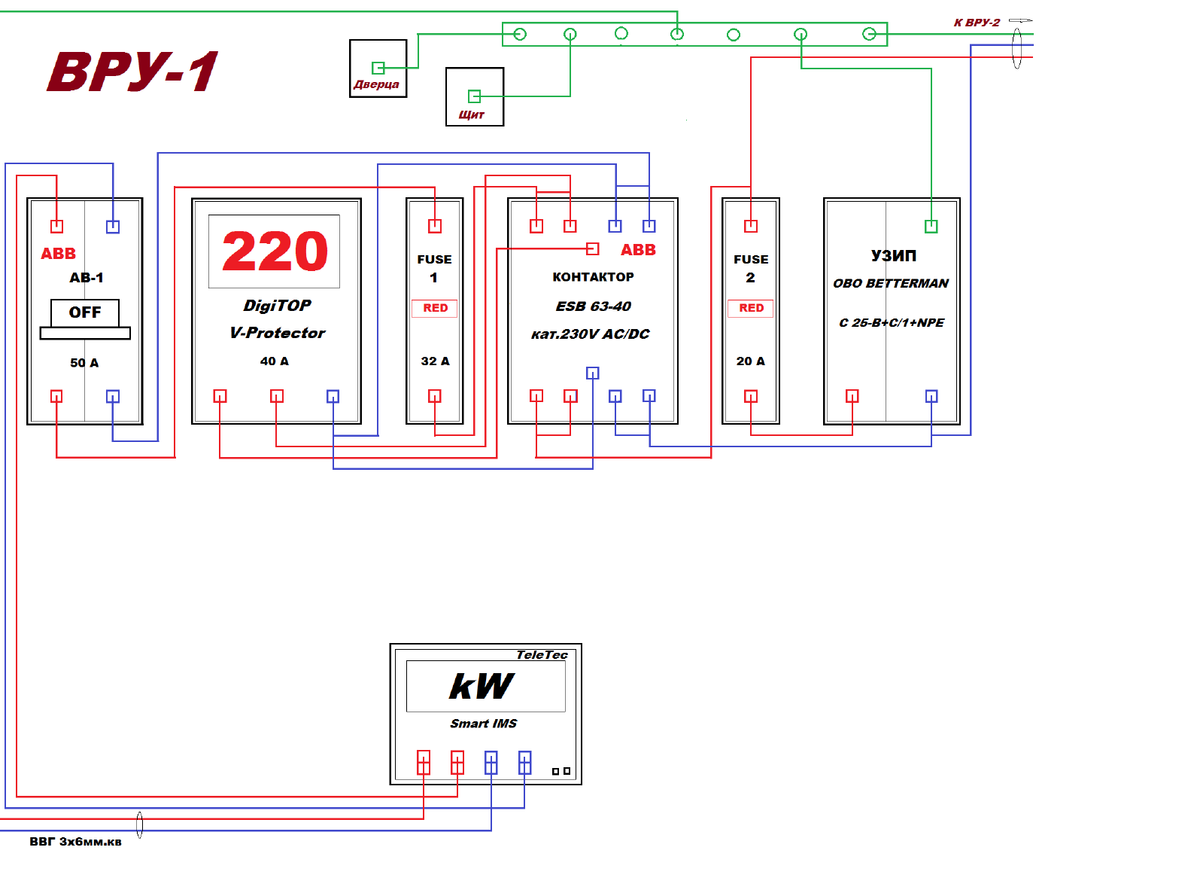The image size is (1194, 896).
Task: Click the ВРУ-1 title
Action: click(x=132, y=72)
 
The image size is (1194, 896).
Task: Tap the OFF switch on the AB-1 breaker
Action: click(x=85, y=312)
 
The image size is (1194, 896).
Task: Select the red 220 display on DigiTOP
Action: click(x=275, y=251)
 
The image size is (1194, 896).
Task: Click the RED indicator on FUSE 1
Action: click(x=435, y=308)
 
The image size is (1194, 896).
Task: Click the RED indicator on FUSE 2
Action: click(x=751, y=308)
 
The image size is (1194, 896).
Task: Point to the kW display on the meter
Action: click(x=482, y=686)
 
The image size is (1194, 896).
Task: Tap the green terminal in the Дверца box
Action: click(x=378, y=68)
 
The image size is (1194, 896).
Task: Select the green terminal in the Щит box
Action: click(x=474, y=96)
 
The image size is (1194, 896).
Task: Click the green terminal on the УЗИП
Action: click(x=931, y=226)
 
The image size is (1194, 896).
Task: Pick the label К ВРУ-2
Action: click(x=977, y=23)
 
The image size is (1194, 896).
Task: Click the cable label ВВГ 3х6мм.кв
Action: click(x=75, y=842)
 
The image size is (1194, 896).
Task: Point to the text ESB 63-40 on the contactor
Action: click(x=593, y=306)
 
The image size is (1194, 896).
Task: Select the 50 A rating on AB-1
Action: click(x=84, y=363)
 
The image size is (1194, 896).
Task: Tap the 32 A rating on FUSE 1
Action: click(x=435, y=361)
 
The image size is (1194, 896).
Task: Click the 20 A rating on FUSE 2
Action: click(x=751, y=361)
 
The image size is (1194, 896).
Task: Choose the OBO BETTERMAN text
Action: click(x=891, y=284)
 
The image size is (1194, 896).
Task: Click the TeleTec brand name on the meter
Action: click(x=542, y=655)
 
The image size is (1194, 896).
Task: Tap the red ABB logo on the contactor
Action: click(x=638, y=250)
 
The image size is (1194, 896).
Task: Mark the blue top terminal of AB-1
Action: click(x=113, y=226)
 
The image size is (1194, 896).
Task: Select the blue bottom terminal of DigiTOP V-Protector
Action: click(x=333, y=396)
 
